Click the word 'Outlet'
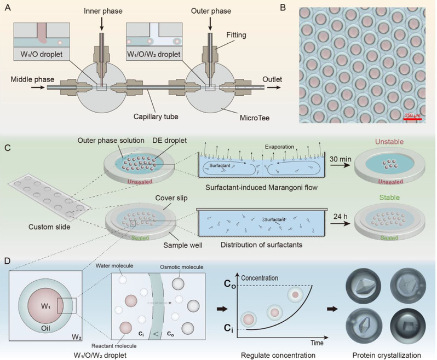pos(272,80)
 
